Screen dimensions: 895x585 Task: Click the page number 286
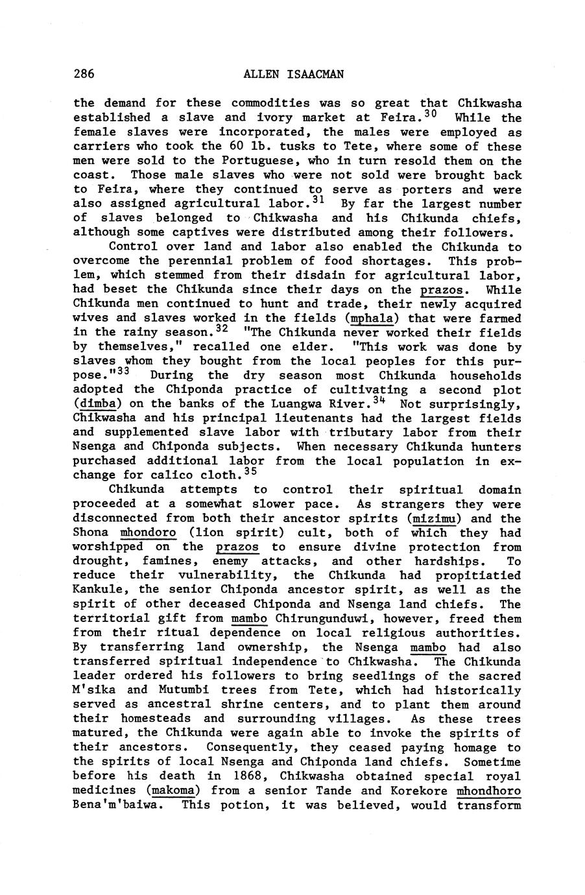coord(84,74)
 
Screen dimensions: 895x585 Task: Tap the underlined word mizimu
coord(435,519)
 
